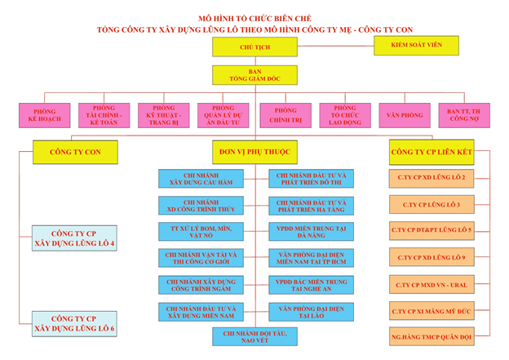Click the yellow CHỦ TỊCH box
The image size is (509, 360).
[x=254, y=47]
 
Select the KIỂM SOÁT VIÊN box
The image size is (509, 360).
[x=422, y=45]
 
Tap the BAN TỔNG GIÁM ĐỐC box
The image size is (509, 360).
[x=254, y=76]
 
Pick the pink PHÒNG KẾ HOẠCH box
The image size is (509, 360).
[x=45, y=114]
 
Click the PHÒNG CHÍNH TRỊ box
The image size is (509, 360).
[x=285, y=114]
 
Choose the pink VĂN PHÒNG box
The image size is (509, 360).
[x=405, y=114]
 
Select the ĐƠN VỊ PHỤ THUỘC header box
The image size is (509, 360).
[x=254, y=152]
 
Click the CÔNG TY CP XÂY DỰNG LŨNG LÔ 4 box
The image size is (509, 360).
[x=74, y=238]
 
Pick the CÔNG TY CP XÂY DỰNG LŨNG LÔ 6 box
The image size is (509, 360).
[x=74, y=323]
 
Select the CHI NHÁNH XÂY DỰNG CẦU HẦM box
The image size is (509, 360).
[x=197, y=179]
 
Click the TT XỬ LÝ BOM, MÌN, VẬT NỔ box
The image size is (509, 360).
[x=197, y=231]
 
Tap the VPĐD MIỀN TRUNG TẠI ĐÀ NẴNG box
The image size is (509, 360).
[x=311, y=231]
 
